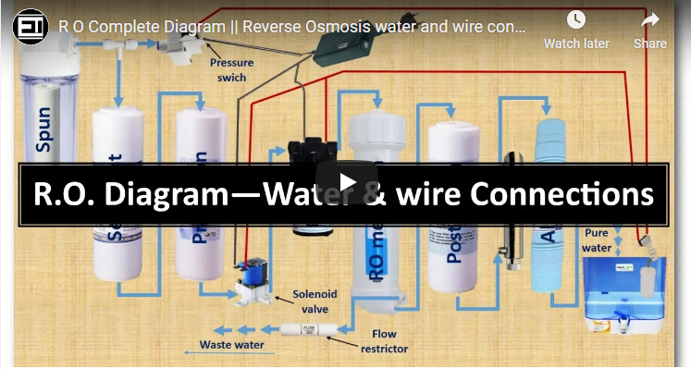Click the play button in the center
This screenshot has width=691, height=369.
click(x=346, y=182)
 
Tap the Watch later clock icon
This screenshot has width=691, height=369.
click(x=576, y=20)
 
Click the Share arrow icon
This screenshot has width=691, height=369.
click(x=650, y=20)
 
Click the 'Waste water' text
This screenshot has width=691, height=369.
click(x=232, y=345)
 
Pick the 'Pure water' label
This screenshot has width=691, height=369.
click(x=597, y=240)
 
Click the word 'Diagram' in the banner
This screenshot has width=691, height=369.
click(x=175, y=195)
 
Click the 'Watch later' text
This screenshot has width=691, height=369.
click(x=576, y=43)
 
